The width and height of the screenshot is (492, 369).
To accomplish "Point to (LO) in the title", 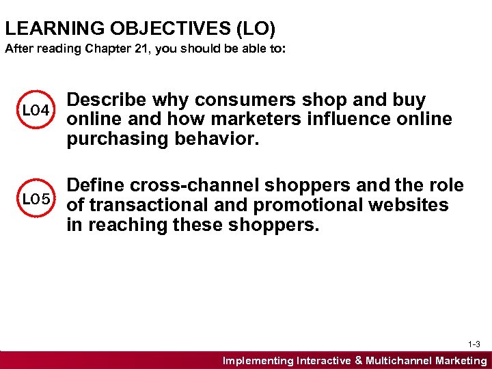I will click(x=254, y=29).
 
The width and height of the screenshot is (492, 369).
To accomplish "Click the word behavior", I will click(x=208, y=139).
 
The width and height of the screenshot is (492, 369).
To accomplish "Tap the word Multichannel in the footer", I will click(x=402, y=361).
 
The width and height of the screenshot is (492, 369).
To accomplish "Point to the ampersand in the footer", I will click(x=358, y=361).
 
